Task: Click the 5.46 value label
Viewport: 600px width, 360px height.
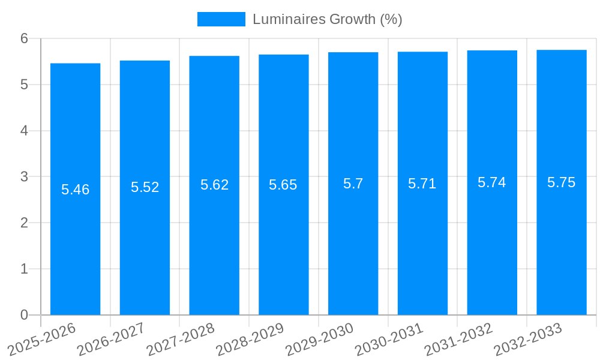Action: click(75, 190)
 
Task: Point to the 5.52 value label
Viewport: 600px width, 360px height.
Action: click(145, 187)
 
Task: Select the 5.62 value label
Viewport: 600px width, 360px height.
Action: click(214, 185)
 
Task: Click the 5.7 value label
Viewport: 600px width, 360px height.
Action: click(353, 184)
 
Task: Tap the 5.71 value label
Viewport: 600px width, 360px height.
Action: click(422, 184)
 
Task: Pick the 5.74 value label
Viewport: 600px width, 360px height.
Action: click(492, 182)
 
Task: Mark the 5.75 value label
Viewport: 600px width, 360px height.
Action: click(562, 182)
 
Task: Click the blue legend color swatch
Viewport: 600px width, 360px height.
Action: click(221, 19)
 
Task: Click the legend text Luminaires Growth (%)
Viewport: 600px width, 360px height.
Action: click(327, 19)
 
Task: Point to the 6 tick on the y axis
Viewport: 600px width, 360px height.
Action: click(25, 38)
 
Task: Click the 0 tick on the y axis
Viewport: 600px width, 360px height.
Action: click(25, 315)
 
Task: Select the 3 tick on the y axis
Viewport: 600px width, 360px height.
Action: click(25, 177)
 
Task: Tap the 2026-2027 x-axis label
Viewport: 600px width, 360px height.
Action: click(111, 339)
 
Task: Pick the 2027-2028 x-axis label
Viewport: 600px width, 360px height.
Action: click(181, 339)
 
